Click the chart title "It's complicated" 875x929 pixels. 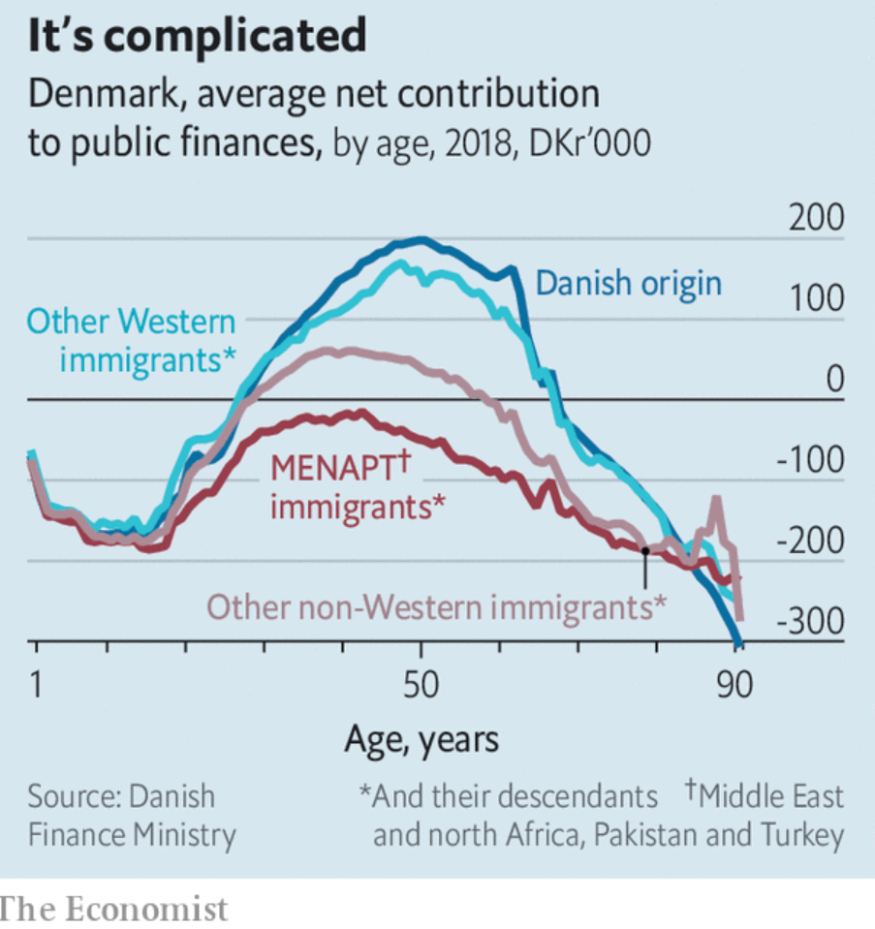(198, 36)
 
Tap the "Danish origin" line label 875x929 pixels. (629, 284)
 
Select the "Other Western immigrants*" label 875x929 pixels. (132, 340)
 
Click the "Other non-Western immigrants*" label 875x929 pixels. (437, 607)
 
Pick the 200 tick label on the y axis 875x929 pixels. (815, 219)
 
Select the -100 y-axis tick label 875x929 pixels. (810, 461)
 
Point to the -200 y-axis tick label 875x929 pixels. (810, 542)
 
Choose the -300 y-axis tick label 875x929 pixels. (810, 621)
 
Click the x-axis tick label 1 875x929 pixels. (36, 685)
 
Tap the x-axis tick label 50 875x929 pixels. (420, 685)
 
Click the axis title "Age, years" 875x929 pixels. (422, 740)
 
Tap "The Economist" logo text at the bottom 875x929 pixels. (113, 910)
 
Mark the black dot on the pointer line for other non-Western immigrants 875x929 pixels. (645, 549)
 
